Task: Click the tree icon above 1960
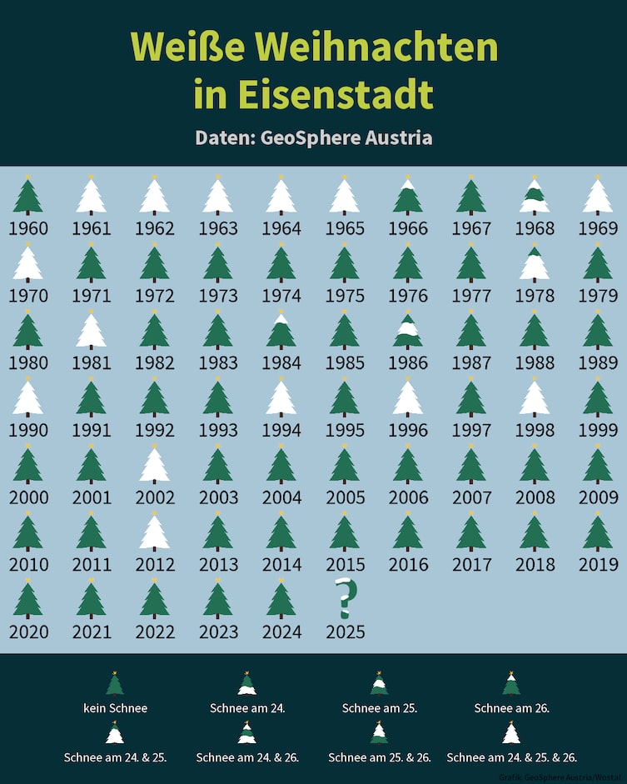[x=27, y=197]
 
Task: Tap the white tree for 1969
[x=597, y=197]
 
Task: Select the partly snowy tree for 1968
[x=534, y=197]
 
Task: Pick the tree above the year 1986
[x=407, y=331]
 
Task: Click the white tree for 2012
[x=154, y=532]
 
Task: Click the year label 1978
[x=533, y=296]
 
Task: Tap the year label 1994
[x=280, y=430]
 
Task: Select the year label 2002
[x=153, y=497]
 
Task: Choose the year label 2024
[x=280, y=632]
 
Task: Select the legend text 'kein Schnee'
[x=115, y=708]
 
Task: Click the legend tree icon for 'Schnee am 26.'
[x=511, y=684]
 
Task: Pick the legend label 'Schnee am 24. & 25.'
[x=115, y=757]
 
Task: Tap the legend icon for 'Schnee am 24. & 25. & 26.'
[x=511, y=733]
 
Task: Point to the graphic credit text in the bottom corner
[x=562, y=777]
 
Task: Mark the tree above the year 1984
[x=281, y=331]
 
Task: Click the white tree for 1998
[x=534, y=398]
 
